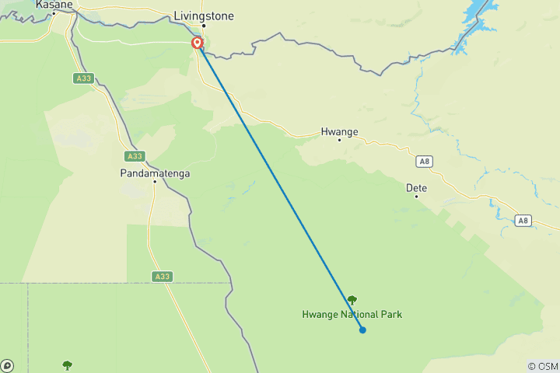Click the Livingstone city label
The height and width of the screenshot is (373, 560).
204,15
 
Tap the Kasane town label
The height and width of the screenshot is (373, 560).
54,5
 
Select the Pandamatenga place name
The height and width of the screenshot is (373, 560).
156,173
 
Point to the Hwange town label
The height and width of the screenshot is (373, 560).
339,132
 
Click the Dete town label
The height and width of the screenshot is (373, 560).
417,188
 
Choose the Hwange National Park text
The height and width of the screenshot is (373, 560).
352,315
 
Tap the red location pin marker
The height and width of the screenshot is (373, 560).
198,44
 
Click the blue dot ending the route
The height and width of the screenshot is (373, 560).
362,329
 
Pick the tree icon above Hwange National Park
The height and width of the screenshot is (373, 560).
352,299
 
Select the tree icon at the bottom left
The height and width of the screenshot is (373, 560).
67,364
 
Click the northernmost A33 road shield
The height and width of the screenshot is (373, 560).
83,78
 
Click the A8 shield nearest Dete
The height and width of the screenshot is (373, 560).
423,162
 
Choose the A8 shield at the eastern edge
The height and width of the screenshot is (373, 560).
524,221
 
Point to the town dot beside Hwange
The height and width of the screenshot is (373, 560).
339,141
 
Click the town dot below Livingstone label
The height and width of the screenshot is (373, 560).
204,25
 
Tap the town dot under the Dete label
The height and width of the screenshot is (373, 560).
416,197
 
